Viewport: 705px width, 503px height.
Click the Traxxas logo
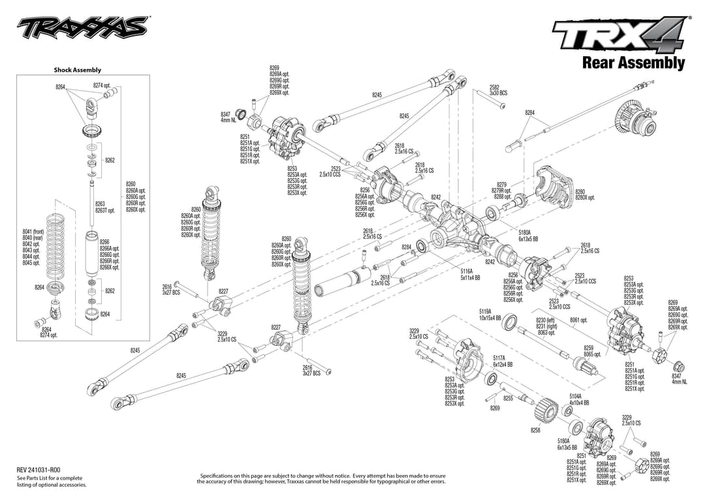82,28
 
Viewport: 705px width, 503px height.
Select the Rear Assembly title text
633,63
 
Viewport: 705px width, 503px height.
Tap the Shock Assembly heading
77,70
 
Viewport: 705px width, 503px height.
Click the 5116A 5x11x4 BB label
470,274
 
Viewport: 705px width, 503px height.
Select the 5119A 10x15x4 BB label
490,315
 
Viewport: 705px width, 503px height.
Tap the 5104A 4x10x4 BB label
578,399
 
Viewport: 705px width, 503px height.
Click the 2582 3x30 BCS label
498,90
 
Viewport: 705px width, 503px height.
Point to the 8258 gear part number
535,430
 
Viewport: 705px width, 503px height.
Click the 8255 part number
509,398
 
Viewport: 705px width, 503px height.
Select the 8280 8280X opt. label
584,194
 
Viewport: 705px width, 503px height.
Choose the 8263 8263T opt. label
104,207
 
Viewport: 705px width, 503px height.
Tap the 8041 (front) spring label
33,232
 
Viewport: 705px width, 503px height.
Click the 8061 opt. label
578,320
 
